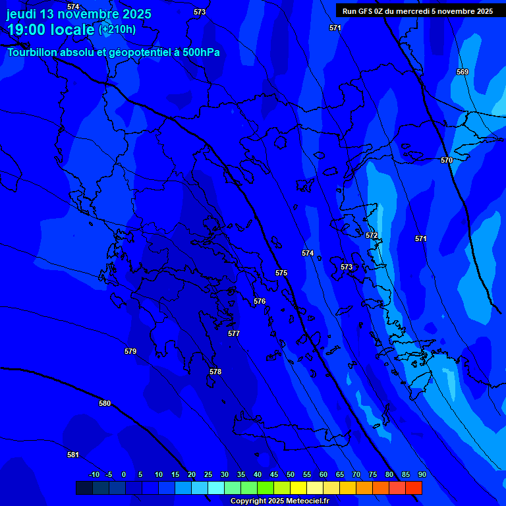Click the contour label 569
click(x=463, y=72)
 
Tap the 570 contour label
click(x=447, y=160)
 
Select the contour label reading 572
click(x=372, y=235)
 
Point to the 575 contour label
click(x=281, y=273)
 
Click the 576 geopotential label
click(x=260, y=301)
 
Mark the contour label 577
click(x=234, y=333)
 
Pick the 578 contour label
click(x=215, y=372)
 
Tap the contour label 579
click(x=130, y=351)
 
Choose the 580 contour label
click(x=105, y=403)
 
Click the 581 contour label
click(x=73, y=455)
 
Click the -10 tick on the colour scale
click(x=94, y=474)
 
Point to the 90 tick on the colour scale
click(x=422, y=474)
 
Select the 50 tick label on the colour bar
click(x=291, y=474)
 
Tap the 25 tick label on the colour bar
click(x=208, y=474)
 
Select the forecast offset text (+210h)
click(x=117, y=29)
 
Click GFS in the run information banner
click(x=366, y=11)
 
